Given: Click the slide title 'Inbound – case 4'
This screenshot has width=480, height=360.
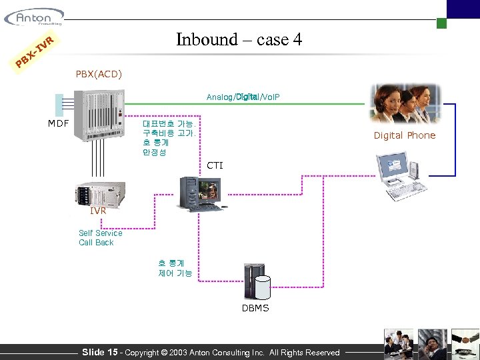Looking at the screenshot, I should (239, 39).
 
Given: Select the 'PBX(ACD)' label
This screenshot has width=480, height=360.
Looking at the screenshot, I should (99, 73).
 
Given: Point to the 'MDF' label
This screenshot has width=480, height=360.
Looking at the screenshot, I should (58, 123).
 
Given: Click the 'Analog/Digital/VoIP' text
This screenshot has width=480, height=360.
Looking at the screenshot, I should (243, 97).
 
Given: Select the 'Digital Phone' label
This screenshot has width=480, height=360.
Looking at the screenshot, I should (404, 135).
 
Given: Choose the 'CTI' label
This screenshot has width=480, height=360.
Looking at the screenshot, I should (215, 165).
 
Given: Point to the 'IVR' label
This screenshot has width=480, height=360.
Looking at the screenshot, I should (98, 211).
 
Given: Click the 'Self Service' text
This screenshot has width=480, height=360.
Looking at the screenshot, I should (101, 233).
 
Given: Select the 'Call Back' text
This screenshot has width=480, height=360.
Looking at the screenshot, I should (96, 243).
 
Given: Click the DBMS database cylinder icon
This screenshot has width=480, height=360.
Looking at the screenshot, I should (257, 283).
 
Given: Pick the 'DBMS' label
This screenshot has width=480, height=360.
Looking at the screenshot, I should (255, 308).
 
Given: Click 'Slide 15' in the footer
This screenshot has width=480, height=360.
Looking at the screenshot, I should (99, 352).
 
